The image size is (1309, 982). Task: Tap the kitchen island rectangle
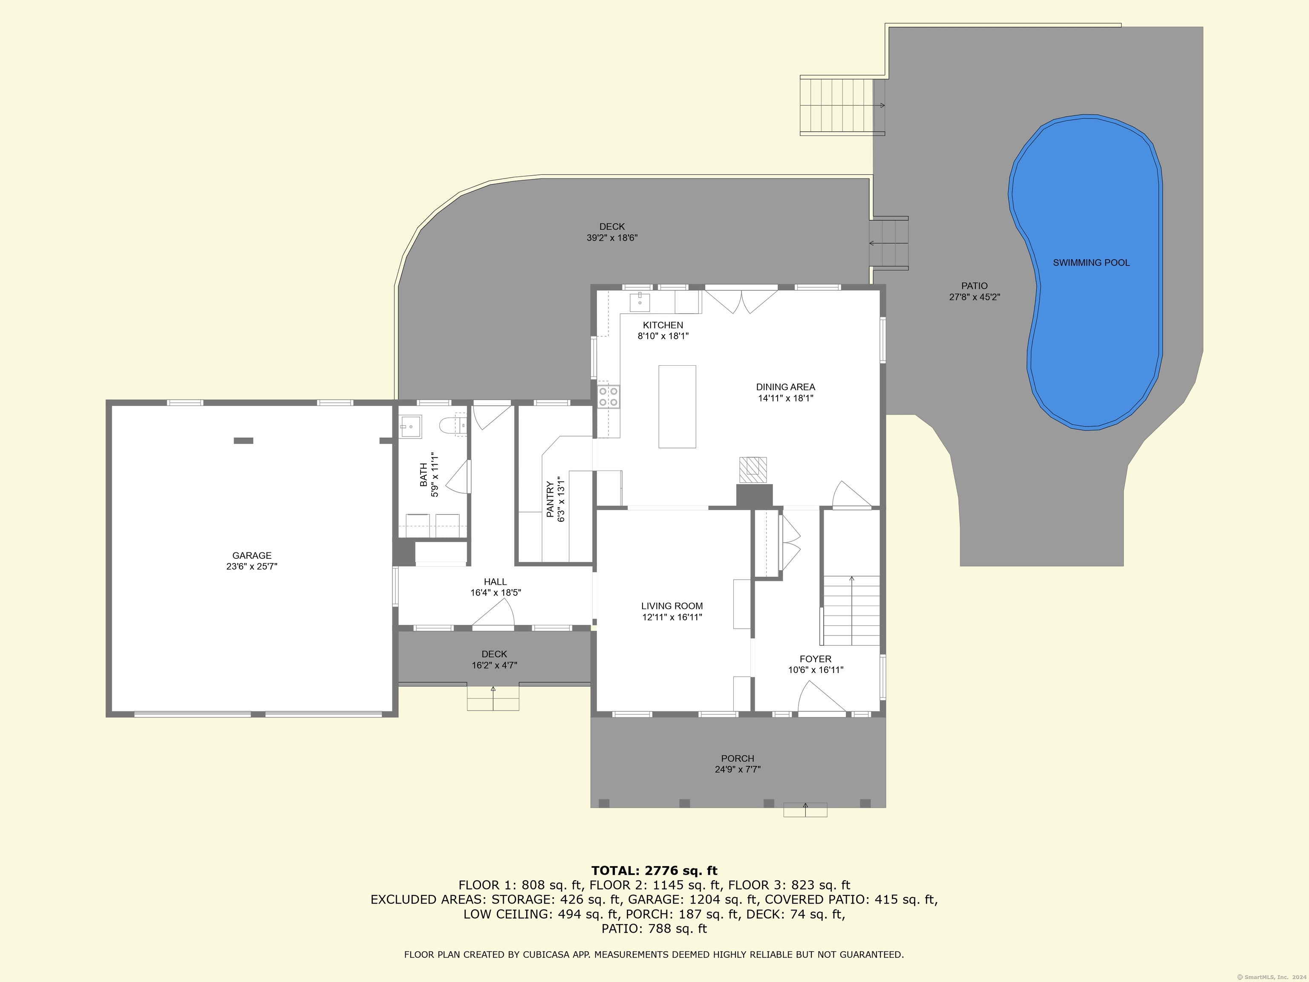click(677, 407)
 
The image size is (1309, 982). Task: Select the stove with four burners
click(608, 396)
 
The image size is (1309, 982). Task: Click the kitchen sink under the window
click(640, 302)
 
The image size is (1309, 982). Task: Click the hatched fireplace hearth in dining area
click(753, 468)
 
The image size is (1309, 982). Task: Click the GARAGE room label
click(251, 555)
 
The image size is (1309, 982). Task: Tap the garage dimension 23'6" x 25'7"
click(251, 566)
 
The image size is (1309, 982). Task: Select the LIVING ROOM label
click(672, 606)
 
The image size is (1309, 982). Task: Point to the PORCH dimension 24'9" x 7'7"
click(737, 769)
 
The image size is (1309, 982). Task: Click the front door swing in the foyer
click(819, 699)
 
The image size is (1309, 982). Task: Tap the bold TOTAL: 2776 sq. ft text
click(654, 871)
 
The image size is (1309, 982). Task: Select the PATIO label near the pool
click(974, 286)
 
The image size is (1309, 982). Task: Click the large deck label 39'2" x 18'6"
click(612, 238)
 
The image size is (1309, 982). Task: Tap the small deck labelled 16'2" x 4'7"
click(494, 659)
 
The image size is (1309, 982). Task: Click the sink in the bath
click(411, 426)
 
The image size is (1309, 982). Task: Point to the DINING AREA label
click(785, 387)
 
